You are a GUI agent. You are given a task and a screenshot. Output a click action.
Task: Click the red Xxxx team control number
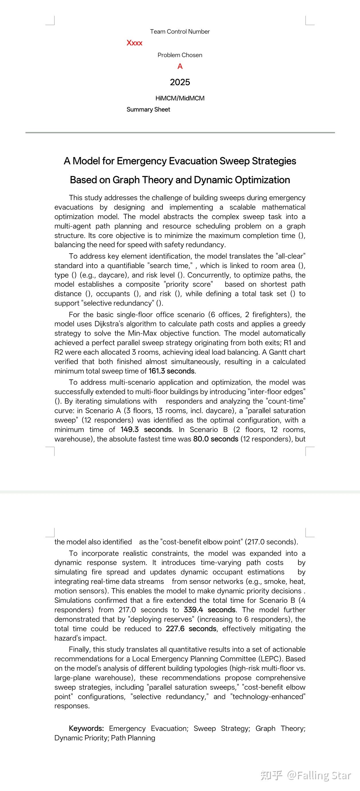(134, 43)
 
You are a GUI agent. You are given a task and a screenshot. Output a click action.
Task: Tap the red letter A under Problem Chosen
(180, 66)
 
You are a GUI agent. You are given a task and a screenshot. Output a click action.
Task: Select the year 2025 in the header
(180, 82)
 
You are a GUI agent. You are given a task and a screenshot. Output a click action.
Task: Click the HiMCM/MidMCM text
(180, 98)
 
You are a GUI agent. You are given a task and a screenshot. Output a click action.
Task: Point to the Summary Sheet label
(148, 109)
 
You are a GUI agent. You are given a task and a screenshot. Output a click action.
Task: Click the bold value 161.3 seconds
(172, 371)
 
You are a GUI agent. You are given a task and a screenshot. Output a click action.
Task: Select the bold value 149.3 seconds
(146, 430)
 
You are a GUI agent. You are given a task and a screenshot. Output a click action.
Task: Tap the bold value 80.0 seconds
(216, 439)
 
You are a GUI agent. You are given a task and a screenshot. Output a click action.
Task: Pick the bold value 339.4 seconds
(210, 610)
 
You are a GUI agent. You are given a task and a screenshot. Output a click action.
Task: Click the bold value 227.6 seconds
(191, 629)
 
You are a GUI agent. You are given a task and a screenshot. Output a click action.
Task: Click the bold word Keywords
(86, 728)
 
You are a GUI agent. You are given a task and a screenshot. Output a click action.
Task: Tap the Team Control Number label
(180, 32)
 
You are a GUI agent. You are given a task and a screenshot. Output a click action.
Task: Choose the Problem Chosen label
(180, 55)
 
